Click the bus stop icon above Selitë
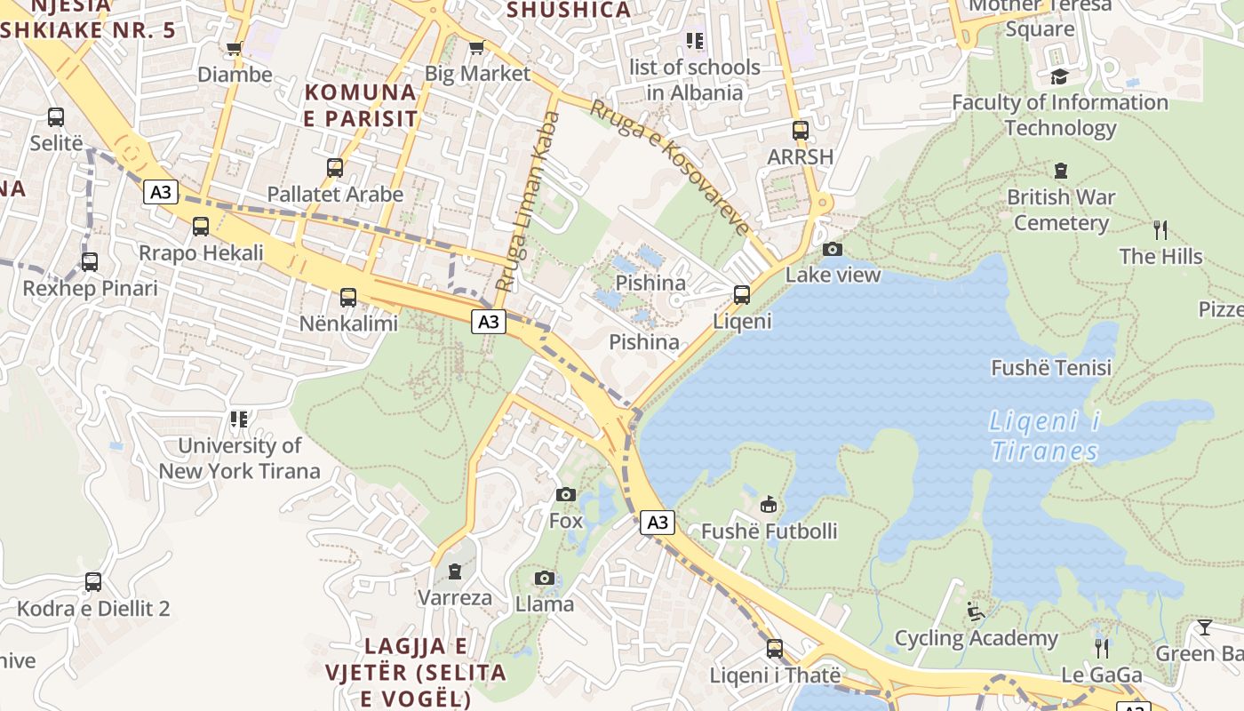[x=56, y=116]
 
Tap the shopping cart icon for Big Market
[x=476, y=48]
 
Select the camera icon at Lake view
[x=833, y=249]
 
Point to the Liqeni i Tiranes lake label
[x=1045, y=435]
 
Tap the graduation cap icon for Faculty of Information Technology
[x=1059, y=76]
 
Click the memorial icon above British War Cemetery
[x=1060, y=171]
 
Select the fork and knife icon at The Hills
[x=1160, y=230]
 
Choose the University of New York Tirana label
[x=240, y=458]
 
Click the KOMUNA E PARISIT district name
[x=361, y=105]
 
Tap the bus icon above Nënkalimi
[x=348, y=297]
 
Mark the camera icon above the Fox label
[x=565, y=494]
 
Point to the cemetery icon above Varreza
[x=455, y=571]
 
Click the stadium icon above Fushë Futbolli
[x=769, y=505]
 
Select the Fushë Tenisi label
[x=1051, y=367]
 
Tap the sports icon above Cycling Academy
[x=976, y=611]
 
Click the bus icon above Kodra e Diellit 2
[x=93, y=582]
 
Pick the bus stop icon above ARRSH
[x=801, y=131]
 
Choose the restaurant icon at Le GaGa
[x=1102, y=648]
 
